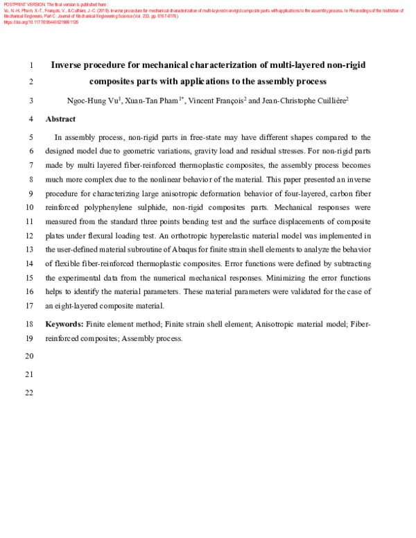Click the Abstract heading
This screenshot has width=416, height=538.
(x=60, y=119)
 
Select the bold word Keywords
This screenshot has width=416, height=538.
(x=64, y=324)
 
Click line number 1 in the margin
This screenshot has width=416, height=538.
(x=32, y=66)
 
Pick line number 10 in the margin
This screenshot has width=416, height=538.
(x=28, y=207)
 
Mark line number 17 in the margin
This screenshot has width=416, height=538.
(x=28, y=306)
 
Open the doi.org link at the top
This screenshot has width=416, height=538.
(x=41, y=22)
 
